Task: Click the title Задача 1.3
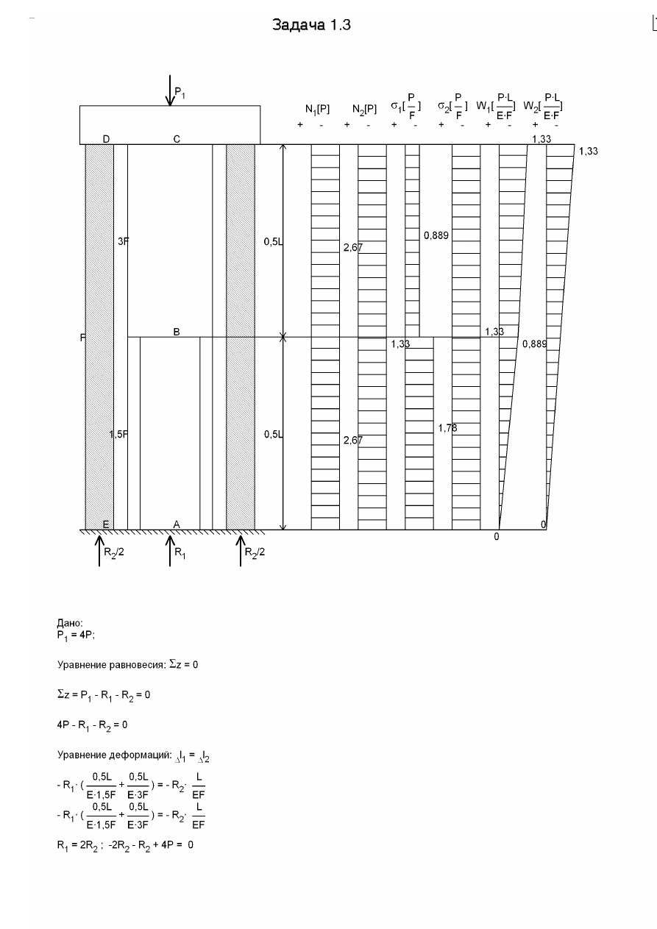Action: (x=311, y=25)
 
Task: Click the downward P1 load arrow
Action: (x=170, y=90)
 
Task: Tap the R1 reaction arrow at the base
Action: (x=170, y=551)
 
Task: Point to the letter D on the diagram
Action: (x=106, y=139)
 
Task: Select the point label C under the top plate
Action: (x=177, y=139)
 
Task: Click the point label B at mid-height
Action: (x=177, y=332)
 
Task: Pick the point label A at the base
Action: (x=177, y=524)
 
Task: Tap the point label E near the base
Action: (x=106, y=524)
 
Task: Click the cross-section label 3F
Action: (x=123, y=241)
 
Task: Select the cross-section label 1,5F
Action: (x=118, y=434)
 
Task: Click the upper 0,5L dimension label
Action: (x=274, y=241)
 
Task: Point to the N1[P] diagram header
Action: (x=317, y=109)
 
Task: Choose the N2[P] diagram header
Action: (x=365, y=109)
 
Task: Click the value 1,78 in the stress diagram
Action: (x=447, y=428)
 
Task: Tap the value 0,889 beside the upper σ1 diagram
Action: (x=436, y=235)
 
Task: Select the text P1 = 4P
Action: (x=76, y=636)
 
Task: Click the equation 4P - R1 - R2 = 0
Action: (x=92, y=725)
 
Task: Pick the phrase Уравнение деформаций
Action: (x=114, y=755)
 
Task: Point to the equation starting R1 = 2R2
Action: (x=125, y=845)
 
